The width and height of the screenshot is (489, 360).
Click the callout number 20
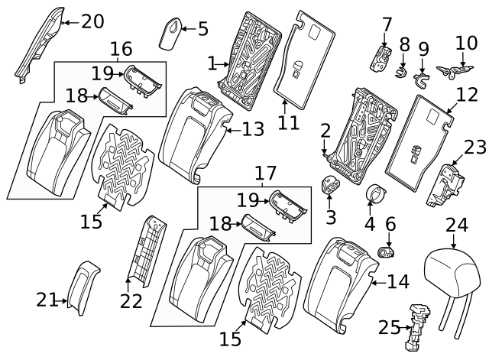92,21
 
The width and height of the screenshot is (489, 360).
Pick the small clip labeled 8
400,73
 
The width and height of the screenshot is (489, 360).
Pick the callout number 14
398,282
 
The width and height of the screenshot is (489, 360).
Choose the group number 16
121,50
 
